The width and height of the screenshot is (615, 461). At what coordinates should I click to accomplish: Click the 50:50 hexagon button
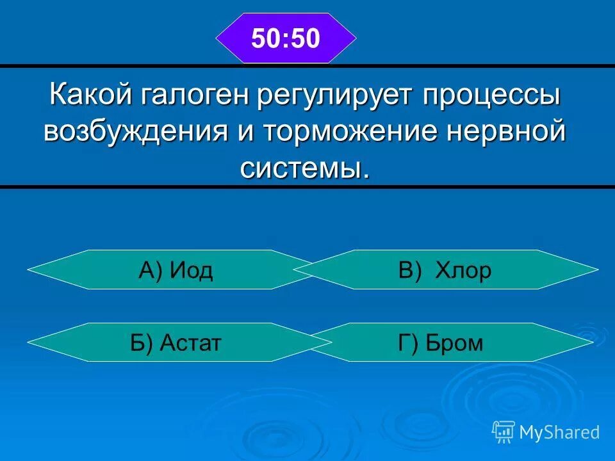point(285,38)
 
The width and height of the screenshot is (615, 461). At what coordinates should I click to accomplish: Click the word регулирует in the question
point(337,96)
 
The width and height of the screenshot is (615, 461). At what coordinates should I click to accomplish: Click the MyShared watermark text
point(559,432)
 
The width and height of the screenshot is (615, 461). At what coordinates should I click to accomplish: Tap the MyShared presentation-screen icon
point(504,432)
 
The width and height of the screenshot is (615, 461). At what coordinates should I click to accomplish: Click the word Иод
point(191,271)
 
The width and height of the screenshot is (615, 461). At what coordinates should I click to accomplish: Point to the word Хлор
point(463,271)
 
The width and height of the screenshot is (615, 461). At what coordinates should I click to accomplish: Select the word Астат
point(191,343)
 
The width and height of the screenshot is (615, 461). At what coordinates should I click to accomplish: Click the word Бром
point(457,343)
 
